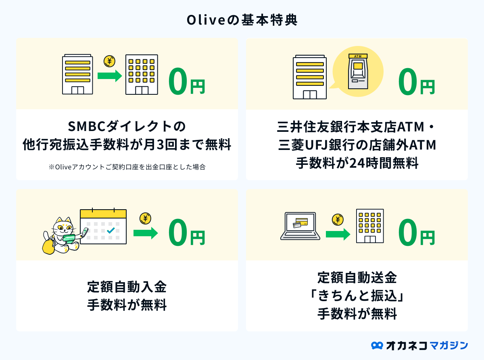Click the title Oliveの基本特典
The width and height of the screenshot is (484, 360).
coord(242,20)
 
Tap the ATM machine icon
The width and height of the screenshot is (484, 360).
coord(358,71)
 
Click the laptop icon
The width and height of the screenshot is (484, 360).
coord(300,226)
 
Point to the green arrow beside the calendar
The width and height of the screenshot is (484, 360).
coord(146,233)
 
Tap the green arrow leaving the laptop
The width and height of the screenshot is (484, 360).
coord(338,234)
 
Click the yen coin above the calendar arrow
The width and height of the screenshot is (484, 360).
coord(145,218)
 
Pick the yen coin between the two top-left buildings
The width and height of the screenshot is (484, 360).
coord(109,61)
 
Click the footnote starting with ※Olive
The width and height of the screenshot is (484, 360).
coord(127,167)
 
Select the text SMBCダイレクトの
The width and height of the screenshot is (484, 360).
coord(127,126)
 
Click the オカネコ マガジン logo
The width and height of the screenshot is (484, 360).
coord(419,345)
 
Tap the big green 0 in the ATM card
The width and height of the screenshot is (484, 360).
coord(407,81)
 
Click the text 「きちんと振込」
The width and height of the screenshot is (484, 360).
coord(357,296)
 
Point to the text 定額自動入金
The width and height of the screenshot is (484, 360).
coord(127,287)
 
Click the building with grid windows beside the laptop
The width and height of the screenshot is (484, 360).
coord(370,226)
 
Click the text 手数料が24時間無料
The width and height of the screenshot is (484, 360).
coord(357,163)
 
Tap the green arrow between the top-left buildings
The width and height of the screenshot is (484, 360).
coord(110,76)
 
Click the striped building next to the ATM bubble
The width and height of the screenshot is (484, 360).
coord(310,77)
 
